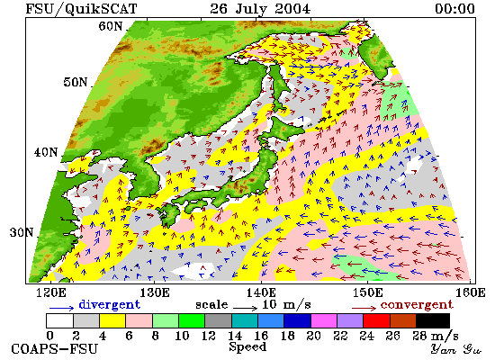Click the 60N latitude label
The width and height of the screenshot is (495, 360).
point(110,26)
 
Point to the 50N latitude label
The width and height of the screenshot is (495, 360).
point(75,82)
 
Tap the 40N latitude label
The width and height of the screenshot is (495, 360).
point(46,152)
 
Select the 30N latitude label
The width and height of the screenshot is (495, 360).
point(22,233)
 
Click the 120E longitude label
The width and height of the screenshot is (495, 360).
point(51,293)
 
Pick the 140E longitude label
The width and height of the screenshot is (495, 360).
point(261,293)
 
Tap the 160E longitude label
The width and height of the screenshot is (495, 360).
point(471,293)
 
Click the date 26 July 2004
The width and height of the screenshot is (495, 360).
point(260,9)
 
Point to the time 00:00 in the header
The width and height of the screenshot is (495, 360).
point(454,9)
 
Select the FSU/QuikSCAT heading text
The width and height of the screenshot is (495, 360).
point(81,9)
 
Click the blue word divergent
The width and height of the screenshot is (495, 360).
point(109,305)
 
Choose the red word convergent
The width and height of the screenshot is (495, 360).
point(417,305)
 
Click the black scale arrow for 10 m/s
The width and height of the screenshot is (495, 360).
point(246,307)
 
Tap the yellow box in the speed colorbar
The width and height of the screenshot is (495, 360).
point(112,320)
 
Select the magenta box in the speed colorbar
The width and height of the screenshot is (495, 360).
point(324,320)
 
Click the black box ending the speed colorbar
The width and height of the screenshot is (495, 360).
point(433,320)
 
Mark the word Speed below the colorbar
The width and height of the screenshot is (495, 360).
point(247,347)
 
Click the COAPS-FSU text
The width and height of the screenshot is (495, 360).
point(54,349)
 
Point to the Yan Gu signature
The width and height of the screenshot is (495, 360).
point(456,349)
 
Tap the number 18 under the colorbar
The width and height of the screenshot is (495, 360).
point(287,336)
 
